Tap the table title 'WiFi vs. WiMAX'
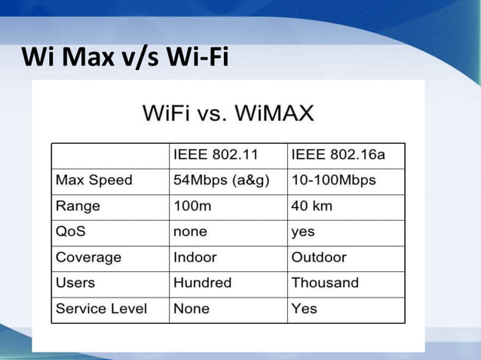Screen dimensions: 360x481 [x=228, y=115]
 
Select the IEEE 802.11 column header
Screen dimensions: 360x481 [x=216, y=155]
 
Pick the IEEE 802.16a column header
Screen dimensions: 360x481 [x=338, y=155]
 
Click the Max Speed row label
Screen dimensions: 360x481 [x=93, y=180]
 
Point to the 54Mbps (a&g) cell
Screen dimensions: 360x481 [x=221, y=180]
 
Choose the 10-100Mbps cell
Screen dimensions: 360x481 [x=333, y=180]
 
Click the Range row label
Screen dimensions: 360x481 [x=78, y=206]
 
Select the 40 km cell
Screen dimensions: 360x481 [x=313, y=206]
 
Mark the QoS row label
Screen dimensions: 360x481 [x=72, y=231]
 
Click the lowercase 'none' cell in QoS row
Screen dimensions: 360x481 [x=190, y=231]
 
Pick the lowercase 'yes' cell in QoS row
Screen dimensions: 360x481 [x=303, y=231]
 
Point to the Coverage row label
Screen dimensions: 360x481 [x=88, y=257]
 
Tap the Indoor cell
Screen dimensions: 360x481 [x=195, y=257]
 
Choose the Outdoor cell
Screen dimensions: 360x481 [x=319, y=257]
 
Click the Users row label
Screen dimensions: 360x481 [x=75, y=282]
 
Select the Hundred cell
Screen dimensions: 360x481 [x=202, y=282]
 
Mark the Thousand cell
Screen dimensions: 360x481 [x=325, y=282]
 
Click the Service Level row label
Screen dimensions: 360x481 [x=101, y=308]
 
